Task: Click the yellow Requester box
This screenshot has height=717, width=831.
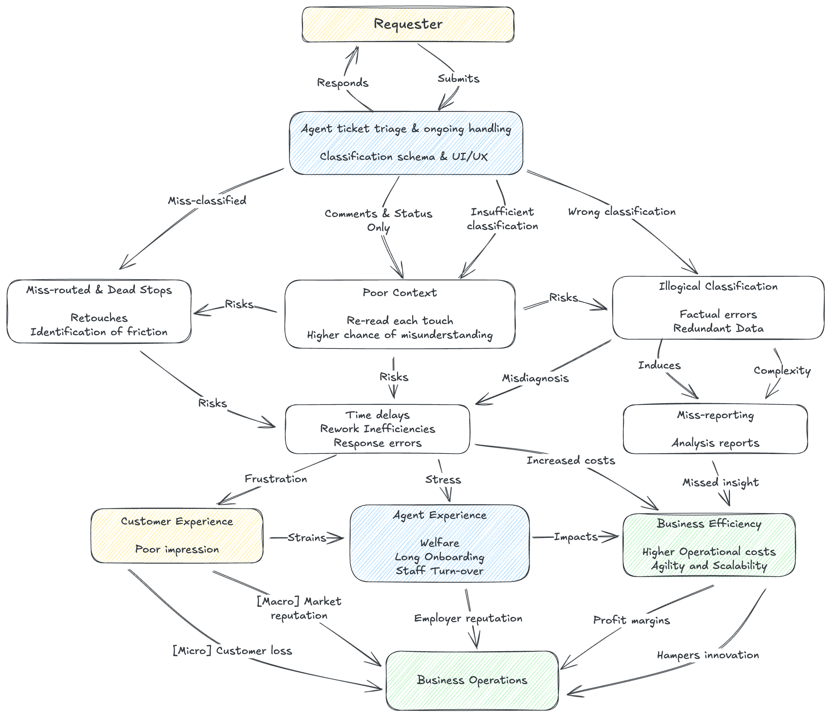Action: tap(408, 24)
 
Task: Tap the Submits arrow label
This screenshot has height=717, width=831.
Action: tap(458, 79)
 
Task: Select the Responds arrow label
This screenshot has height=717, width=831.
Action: tap(343, 83)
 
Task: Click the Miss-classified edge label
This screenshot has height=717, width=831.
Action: tap(207, 201)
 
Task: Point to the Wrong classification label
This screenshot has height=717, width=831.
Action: tap(622, 212)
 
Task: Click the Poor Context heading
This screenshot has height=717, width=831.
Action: tap(400, 293)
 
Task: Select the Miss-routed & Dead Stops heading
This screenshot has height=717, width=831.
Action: tap(99, 290)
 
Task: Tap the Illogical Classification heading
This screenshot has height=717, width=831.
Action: tap(718, 286)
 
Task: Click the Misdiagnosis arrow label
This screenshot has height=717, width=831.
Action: tap(535, 378)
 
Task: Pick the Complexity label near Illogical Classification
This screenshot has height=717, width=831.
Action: tap(782, 371)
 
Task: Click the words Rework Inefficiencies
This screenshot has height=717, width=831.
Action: tap(378, 429)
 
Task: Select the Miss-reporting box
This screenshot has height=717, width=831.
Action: tap(715, 429)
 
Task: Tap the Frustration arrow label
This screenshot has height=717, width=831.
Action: tap(276, 479)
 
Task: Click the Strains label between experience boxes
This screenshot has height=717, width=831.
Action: tap(307, 538)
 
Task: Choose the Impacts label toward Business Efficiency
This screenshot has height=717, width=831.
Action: tap(576, 537)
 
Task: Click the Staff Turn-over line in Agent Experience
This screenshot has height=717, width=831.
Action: tap(439, 571)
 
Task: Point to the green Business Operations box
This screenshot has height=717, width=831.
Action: tap(472, 680)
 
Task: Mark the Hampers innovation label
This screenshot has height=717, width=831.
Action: tap(708, 655)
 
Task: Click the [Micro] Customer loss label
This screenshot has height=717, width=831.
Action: tap(232, 651)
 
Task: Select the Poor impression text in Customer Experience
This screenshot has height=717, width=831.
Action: tap(177, 549)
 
